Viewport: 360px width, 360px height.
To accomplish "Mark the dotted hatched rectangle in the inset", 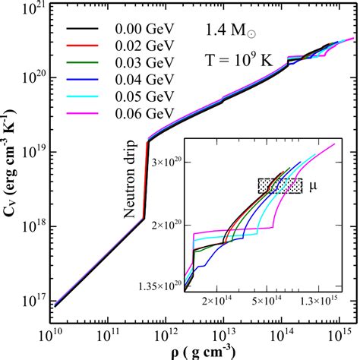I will [280, 186].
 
